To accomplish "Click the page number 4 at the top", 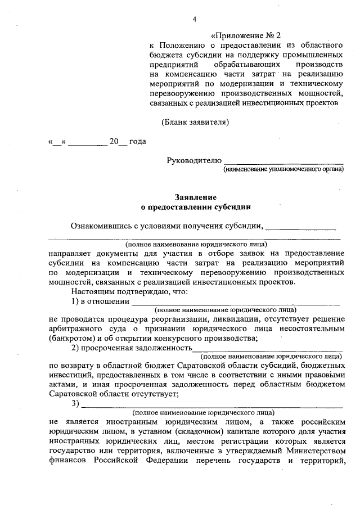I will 194,19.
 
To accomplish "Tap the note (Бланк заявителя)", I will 195,121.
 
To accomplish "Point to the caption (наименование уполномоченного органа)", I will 283,169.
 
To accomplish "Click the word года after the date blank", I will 138,141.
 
